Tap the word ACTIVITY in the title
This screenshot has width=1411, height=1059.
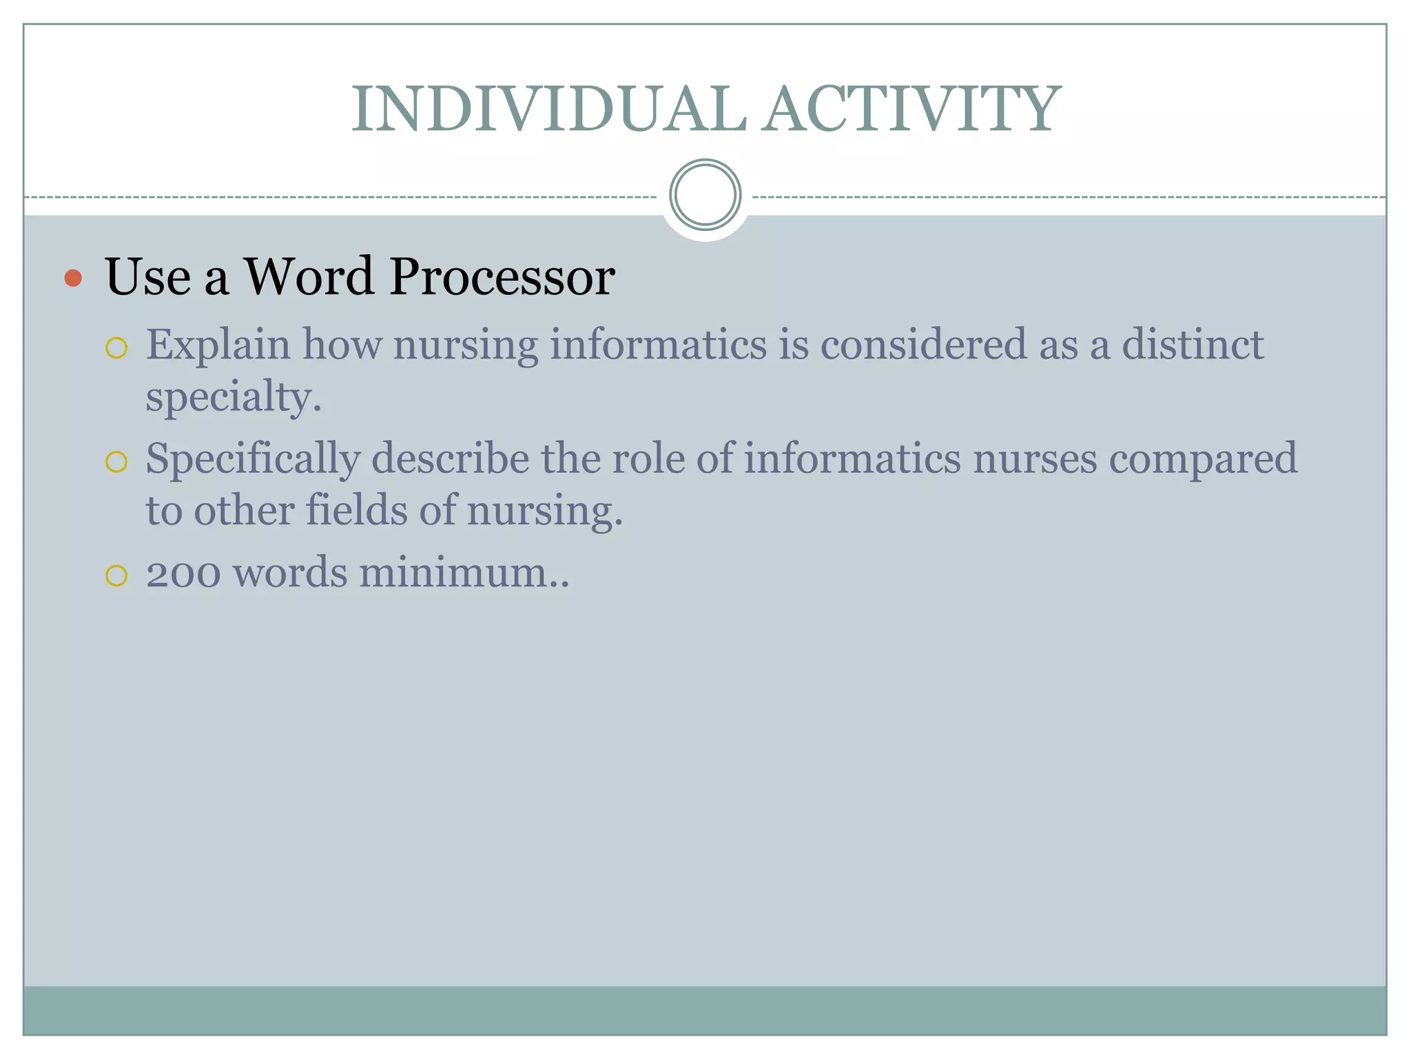pos(913,110)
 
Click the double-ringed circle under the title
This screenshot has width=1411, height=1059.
pos(705,195)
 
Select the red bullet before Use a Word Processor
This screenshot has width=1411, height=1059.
pos(73,279)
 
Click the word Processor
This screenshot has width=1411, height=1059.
pos(502,277)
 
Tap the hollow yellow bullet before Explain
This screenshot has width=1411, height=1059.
pos(116,347)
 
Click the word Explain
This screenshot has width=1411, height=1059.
pos(218,345)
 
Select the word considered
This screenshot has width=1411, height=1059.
pos(923,345)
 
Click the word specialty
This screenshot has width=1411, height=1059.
pos(233,398)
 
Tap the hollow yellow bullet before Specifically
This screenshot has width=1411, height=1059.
pos(116,461)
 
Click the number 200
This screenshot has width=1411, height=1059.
pos(183,573)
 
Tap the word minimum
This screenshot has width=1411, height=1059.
pos(463,573)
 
